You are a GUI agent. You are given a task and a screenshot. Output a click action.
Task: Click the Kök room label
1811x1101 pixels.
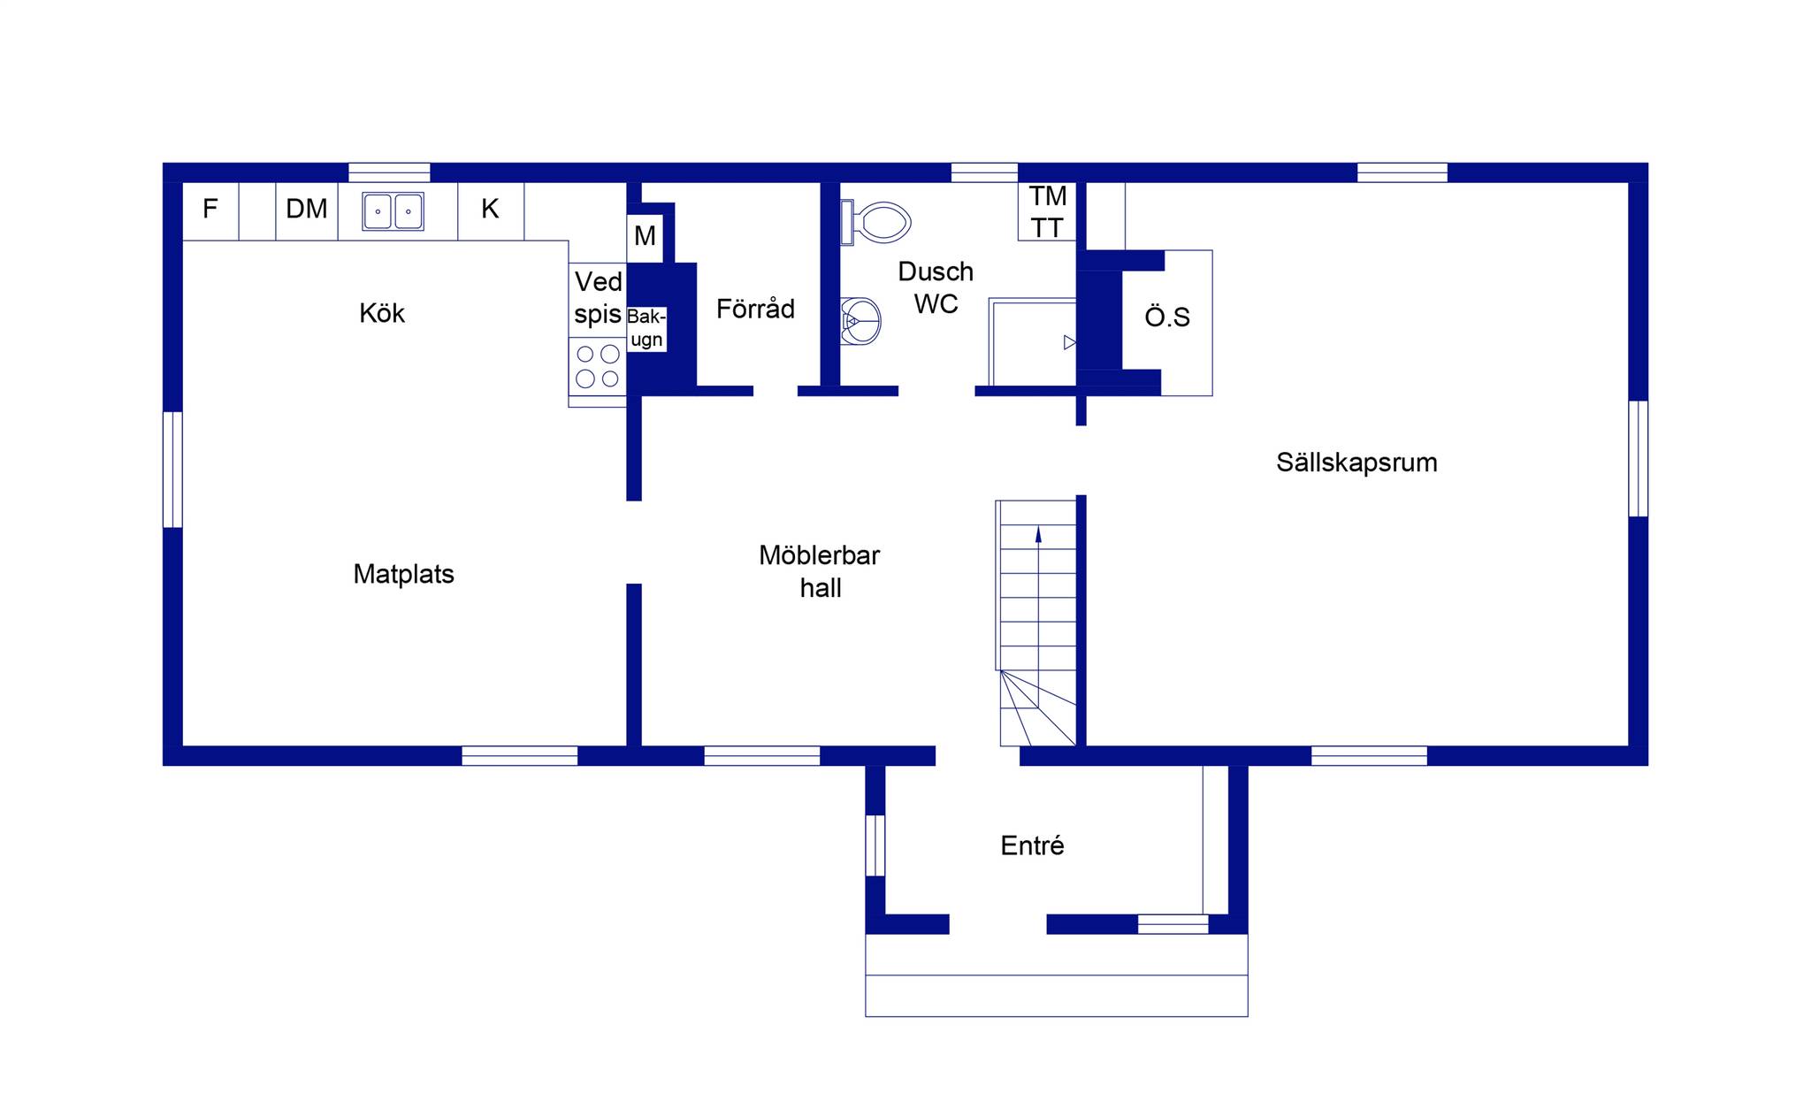point(382,313)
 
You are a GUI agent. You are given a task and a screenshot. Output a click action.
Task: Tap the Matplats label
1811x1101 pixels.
point(403,574)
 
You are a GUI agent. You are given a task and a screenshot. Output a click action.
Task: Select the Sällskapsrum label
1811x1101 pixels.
point(1356,463)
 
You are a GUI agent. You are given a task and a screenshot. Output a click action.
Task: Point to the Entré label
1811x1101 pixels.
point(1032,845)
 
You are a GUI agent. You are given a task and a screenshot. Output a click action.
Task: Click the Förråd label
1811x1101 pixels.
point(755,308)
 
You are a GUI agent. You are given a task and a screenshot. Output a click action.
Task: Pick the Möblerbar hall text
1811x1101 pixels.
point(820,571)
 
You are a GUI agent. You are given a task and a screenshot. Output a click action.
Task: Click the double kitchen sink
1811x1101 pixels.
point(393,211)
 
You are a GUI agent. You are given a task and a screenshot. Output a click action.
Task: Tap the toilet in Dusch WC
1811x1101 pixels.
point(875,222)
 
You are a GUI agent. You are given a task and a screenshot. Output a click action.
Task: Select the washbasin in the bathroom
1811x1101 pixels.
point(860,321)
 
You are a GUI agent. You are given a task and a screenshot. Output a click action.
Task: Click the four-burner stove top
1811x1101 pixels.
point(597,366)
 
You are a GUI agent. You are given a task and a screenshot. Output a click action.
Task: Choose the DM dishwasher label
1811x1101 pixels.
point(307,209)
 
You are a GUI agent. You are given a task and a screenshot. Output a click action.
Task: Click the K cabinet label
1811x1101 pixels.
point(490,209)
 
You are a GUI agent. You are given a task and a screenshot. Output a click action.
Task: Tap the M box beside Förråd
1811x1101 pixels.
point(645,237)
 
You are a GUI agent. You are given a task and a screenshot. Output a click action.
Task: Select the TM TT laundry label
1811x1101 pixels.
point(1047,212)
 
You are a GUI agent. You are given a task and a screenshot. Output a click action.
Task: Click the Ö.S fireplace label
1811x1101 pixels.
point(1167,317)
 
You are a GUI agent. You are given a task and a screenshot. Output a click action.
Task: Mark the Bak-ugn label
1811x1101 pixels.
point(646,328)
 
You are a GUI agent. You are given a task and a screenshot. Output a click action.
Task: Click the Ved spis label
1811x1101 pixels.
point(598,298)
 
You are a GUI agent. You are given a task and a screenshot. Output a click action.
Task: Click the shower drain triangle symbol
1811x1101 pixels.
point(1070,342)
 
